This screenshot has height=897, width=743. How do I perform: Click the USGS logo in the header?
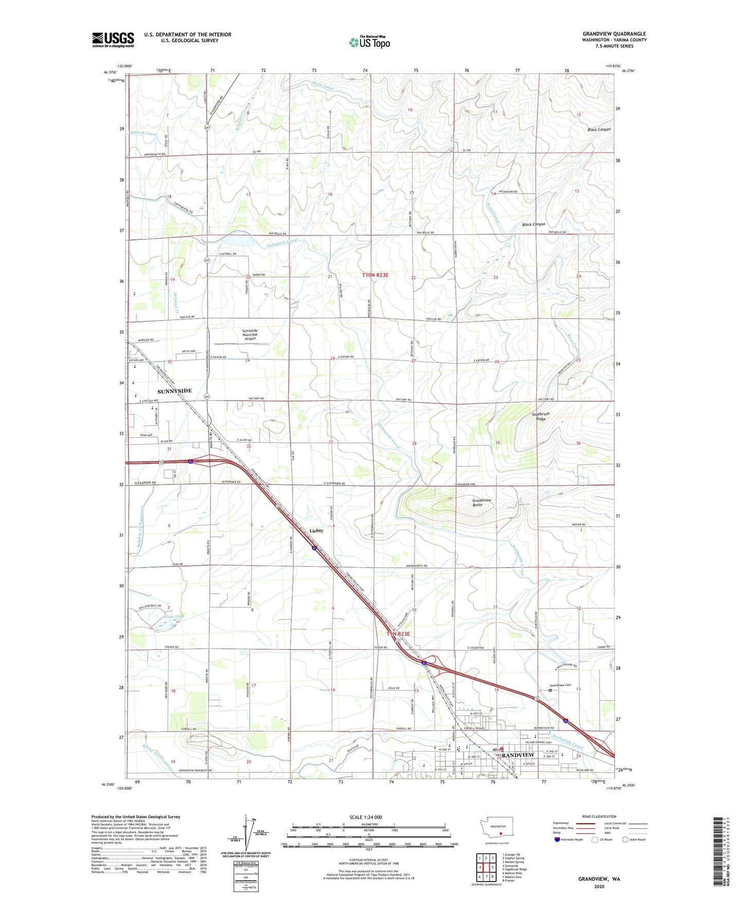coord(113,40)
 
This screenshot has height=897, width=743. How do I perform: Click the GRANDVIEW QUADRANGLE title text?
coord(614,34)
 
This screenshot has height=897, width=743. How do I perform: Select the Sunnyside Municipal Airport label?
coord(250,334)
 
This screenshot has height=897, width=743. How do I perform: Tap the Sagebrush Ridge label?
coord(540,416)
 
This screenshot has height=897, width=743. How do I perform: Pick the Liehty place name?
coord(316,531)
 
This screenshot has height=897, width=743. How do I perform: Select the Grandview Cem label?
coord(560,685)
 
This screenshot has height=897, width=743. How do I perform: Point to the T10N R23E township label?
coord(375,275)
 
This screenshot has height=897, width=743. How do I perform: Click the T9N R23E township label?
coord(398,634)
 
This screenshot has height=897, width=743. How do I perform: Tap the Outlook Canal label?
coord(143,134)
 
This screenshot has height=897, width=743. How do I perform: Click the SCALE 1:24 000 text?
coord(366,817)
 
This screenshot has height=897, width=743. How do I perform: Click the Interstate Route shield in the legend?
coord(557,839)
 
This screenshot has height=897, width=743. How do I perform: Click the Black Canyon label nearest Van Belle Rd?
coord(533,225)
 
